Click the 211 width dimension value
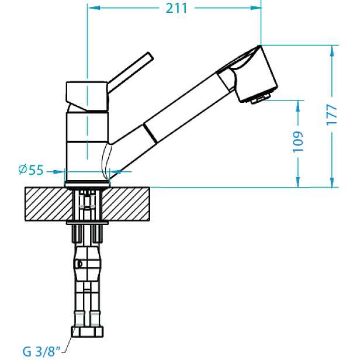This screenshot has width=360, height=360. pyautogui.click(x=176, y=9)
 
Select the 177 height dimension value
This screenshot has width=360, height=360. pyautogui.click(x=331, y=115)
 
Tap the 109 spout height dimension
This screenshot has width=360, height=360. pyautogui.click(x=298, y=141)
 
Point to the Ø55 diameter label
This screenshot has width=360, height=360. pyautogui.click(x=31, y=170)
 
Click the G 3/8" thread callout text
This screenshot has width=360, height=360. pyautogui.click(x=41, y=351)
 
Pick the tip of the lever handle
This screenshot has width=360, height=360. pyautogui.click(x=150, y=56)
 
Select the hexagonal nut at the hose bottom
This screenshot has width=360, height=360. pyautogui.click(x=87, y=331)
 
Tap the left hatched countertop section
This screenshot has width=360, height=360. pyautogui.click(x=49, y=204)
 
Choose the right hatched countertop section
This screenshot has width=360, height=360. pyautogui.click(x=126, y=204)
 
